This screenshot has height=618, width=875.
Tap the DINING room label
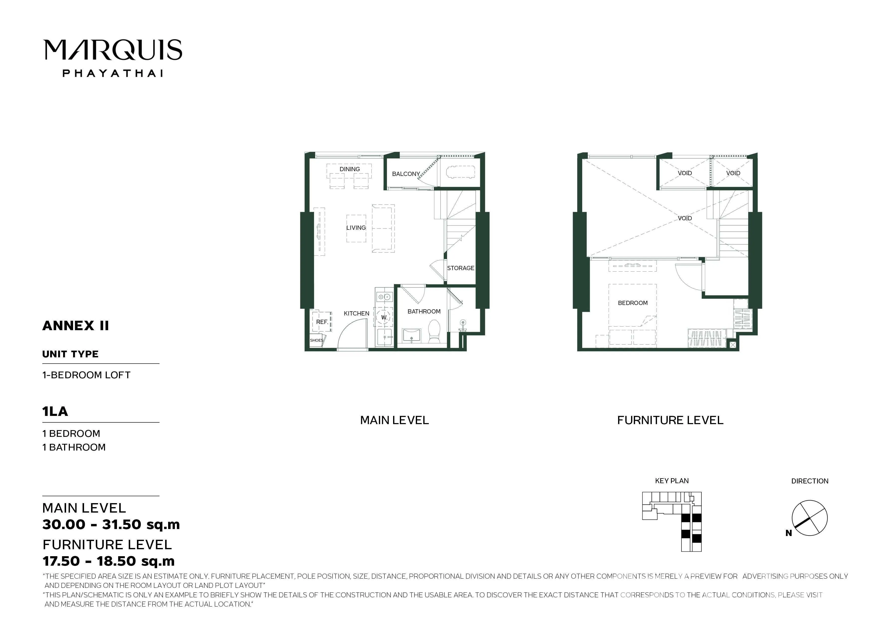point(349,169)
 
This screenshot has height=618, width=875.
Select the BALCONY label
point(406,174)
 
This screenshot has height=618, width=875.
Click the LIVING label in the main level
point(356,228)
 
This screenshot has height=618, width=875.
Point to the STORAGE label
point(460,268)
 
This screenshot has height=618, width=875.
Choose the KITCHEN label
point(356,313)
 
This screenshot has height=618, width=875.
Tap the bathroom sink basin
point(412,335)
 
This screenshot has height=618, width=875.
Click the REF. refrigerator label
point(322,322)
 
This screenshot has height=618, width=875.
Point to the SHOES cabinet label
point(316,340)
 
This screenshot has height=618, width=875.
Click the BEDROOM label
point(633,303)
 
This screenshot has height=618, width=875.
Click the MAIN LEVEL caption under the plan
point(394,420)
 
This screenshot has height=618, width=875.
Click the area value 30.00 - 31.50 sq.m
point(111,525)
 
